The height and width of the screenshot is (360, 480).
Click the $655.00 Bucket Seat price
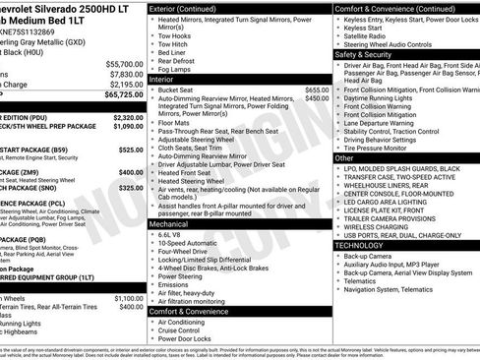click(x=310, y=90)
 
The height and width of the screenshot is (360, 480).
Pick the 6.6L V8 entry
click(x=173, y=235)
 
